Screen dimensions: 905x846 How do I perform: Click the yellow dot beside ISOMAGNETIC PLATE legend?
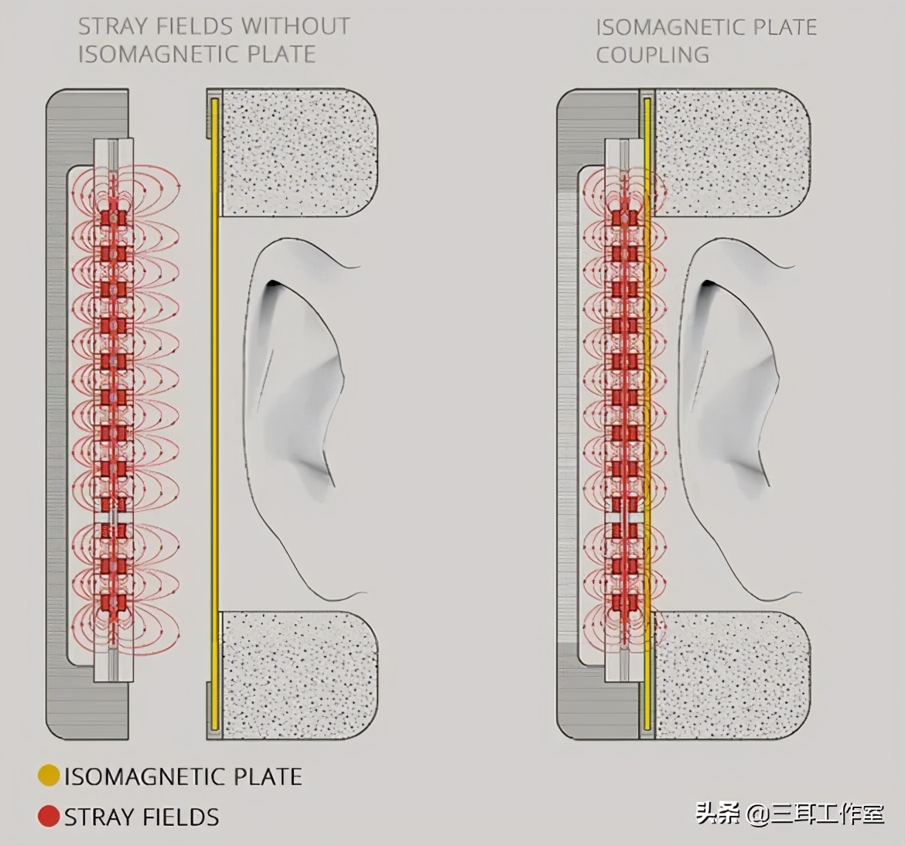(49, 776)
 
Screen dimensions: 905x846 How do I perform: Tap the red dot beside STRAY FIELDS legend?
(49, 817)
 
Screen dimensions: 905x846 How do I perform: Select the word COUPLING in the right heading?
(653, 56)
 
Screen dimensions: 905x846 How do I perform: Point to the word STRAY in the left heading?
(106, 26)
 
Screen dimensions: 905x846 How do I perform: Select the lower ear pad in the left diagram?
(299, 675)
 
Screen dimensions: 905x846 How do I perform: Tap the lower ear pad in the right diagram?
(733, 675)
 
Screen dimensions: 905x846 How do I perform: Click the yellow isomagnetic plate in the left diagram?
(215, 414)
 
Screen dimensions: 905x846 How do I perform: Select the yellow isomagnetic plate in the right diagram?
(647, 414)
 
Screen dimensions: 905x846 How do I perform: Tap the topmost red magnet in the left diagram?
(114, 218)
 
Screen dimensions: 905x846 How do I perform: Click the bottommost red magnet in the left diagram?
(114, 602)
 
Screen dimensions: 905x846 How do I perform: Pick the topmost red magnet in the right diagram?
(625, 218)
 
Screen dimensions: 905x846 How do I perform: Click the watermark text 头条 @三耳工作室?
(789, 814)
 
